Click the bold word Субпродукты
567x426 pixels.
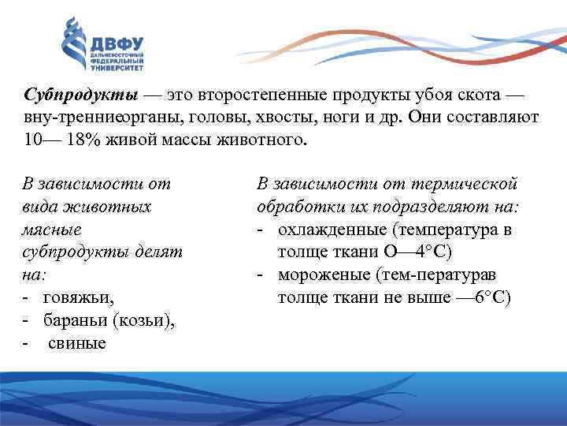click(81, 95)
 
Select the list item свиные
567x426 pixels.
click(77, 344)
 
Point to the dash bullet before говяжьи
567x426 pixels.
click(27, 298)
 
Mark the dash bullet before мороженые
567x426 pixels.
click(260, 275)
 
